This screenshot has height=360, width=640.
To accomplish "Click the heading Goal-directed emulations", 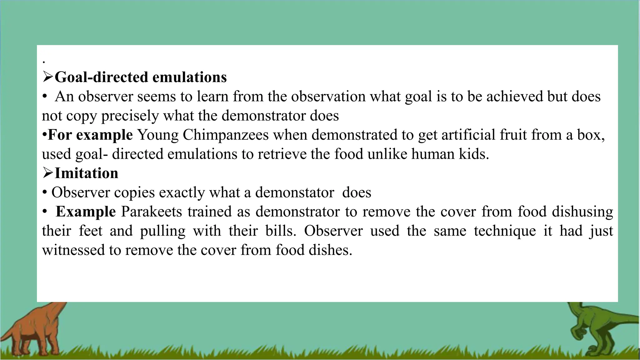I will [x=141, y=77].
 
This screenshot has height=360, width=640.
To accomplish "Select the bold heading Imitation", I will [x=87, y=173].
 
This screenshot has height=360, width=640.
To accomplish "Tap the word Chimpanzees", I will [x=226, y=135].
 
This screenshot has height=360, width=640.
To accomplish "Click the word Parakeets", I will [x=152, y=212].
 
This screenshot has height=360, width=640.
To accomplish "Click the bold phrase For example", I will [x=90, y=135].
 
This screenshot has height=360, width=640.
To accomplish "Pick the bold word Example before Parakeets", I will [x=86, y=212].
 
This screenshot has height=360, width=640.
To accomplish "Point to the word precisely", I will [x=130, y=116].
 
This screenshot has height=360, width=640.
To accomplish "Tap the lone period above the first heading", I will [x=44, y=62].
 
